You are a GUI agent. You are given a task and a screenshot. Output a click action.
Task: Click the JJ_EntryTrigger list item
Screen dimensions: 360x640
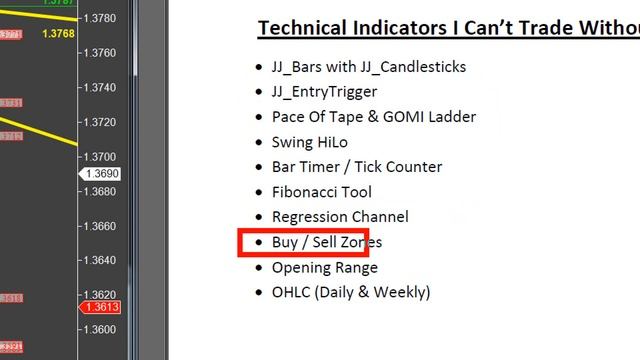point(324,92)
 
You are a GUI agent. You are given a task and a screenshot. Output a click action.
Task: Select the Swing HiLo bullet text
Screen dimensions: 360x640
point(309,142)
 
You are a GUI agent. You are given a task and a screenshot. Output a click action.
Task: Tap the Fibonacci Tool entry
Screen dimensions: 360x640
point(321,192)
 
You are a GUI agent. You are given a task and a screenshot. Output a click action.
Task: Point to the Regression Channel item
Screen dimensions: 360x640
point(340,217)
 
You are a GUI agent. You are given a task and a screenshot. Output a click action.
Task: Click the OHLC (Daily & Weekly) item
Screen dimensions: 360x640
point(351,292)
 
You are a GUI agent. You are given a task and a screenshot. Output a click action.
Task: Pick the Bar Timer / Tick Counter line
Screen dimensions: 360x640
point(356,167)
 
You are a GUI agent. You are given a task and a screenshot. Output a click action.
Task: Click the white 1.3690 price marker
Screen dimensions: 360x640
point(101,174)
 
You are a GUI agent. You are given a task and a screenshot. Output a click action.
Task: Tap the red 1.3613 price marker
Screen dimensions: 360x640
point(101,307)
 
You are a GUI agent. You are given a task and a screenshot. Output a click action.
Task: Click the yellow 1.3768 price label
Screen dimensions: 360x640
point(58,35)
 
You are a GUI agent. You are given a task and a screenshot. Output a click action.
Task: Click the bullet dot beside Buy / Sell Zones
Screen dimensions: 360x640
point(258,242)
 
